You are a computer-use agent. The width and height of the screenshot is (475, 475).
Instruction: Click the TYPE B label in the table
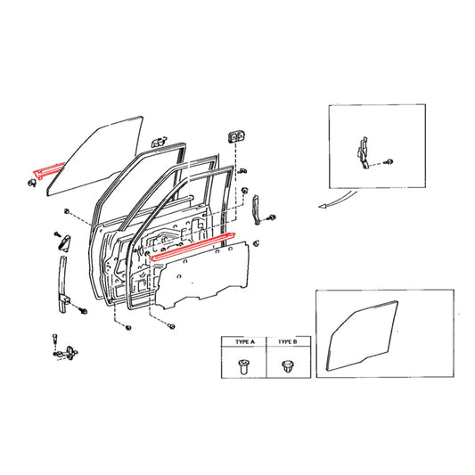(x=287, y=342)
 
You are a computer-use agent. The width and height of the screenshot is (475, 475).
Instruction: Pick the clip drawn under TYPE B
(x=287, y=364)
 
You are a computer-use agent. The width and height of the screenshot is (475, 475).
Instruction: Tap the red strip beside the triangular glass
(x=45, y=168)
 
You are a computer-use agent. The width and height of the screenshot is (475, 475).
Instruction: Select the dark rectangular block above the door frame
(x=237, y=135)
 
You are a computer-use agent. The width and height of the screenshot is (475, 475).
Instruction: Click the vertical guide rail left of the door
(x=64, y=281)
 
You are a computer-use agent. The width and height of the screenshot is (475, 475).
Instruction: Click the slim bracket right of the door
(x=256, y=210)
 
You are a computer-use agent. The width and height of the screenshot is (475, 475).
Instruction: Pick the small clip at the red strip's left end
(x=32, y=182)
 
